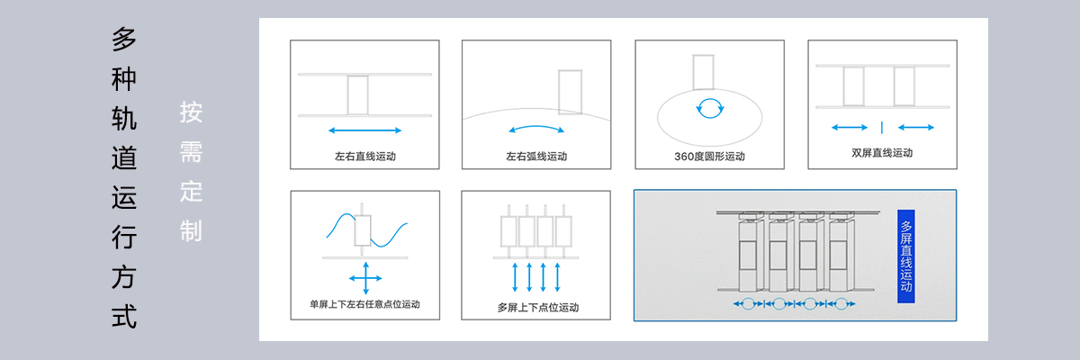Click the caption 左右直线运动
point(365,156)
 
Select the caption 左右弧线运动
point(536,156)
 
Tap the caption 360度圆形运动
point(709,156)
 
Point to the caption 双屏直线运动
point(882,153)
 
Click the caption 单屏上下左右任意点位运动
point(365,304)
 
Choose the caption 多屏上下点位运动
point(538,308)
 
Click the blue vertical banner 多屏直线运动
point(906,256)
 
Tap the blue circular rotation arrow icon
point(710,108)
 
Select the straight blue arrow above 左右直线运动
point(365,130)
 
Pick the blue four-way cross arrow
point(365,278)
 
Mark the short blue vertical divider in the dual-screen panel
point(882,127)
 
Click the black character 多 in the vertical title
point(124,40)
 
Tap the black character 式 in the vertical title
point(124,317)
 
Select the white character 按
point(191,112)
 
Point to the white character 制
point(191,230)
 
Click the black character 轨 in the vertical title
point(124,119)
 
